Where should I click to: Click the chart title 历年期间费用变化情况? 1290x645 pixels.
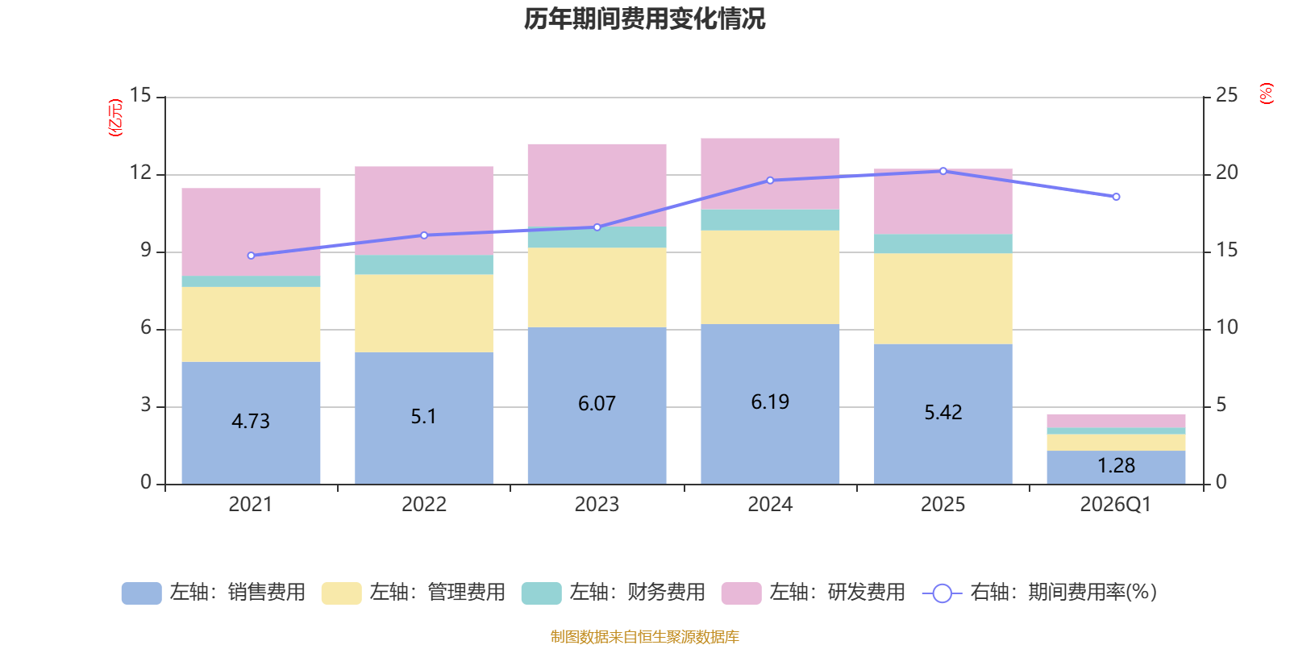pos(644,19)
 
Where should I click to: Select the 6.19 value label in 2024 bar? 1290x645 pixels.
pos(770,402)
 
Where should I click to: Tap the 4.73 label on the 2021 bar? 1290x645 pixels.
pos(251,421)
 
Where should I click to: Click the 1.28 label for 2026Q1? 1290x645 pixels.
pos(1116,465)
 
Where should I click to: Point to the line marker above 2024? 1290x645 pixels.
pos(770,181)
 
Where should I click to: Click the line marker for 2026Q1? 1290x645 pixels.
pos(1116,197)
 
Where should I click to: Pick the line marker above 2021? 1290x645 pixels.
pos(251,256)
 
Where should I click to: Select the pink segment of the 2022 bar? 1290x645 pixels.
pos(424,210)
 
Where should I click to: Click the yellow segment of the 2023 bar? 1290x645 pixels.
pos(597,287)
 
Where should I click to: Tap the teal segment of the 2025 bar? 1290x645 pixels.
pos(943,243)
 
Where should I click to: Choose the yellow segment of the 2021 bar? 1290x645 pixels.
pos(251,324)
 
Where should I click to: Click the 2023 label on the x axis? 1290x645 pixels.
pos(597,505)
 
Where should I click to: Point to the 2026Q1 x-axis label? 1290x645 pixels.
pos(1116,505)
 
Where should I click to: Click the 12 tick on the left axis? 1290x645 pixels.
pos(141,173)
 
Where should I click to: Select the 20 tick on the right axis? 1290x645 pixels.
pos(1226,173)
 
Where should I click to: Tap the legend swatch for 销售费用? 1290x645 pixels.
pos(141,593)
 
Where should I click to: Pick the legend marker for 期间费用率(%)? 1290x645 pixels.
pos(942,593)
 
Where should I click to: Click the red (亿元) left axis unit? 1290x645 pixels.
pos(115,118)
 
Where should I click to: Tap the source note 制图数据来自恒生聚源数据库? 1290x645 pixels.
pos(644,637)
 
